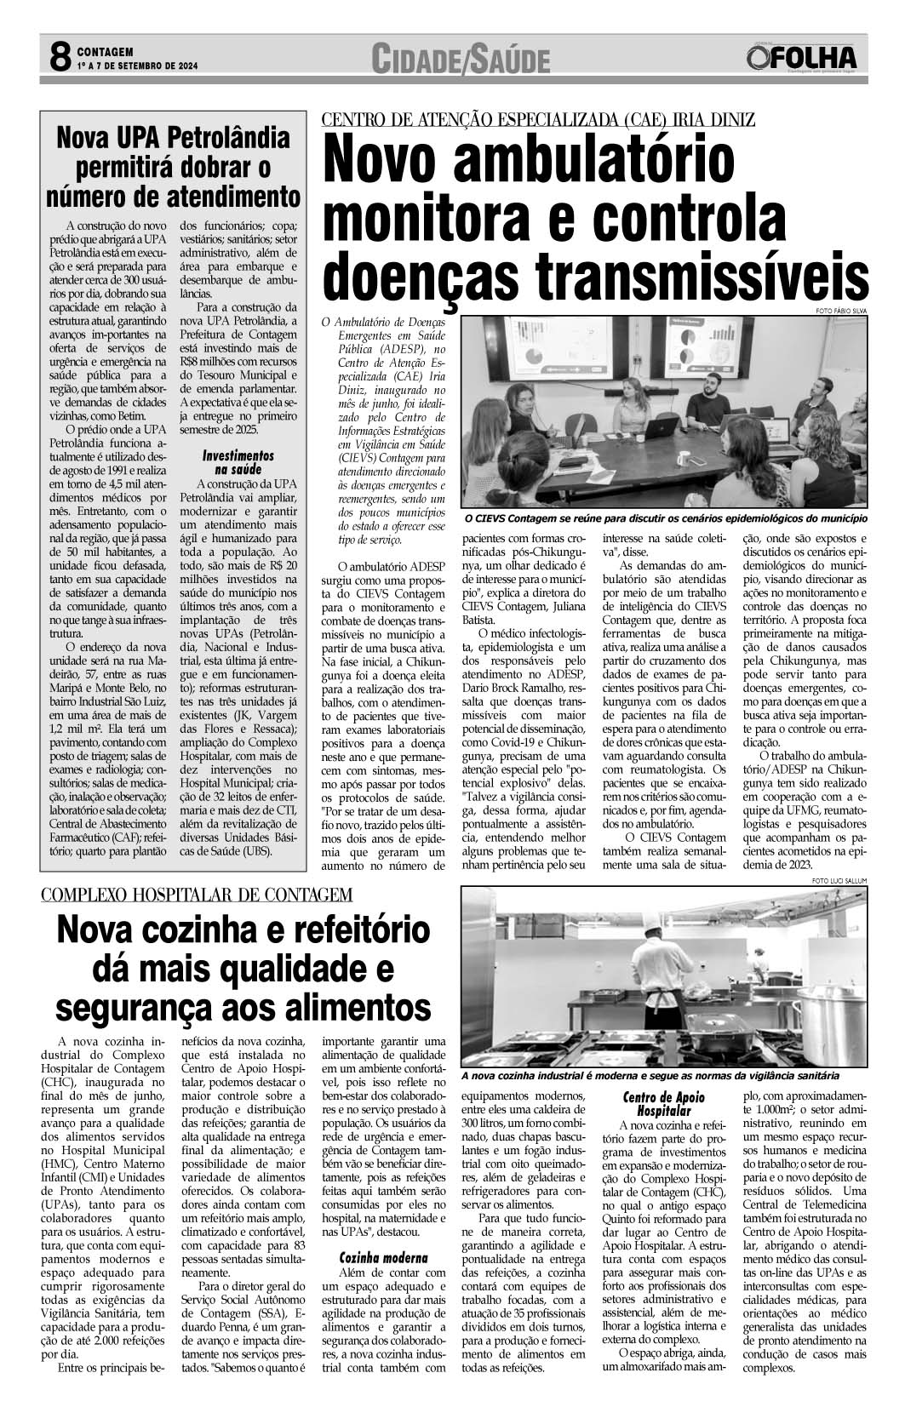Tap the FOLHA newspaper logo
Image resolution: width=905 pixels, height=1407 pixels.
[x=801, y=58]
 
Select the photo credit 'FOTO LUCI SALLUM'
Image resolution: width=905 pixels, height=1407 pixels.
[x=839, y=880]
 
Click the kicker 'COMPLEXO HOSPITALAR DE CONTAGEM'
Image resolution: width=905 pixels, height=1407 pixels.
[x=197, y=895]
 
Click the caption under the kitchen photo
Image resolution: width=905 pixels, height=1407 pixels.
[x=649, y=1076]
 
